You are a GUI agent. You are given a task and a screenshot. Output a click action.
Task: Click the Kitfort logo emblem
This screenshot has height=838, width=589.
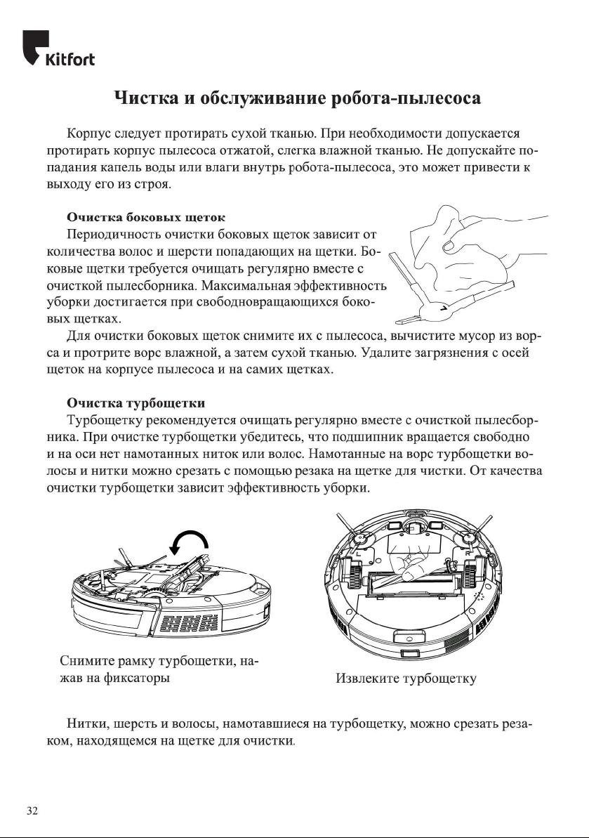(35, 46)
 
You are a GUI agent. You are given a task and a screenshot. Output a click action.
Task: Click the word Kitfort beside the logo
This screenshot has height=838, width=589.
(70, 59)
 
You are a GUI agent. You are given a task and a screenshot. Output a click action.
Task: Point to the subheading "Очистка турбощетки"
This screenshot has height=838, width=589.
(135, 403)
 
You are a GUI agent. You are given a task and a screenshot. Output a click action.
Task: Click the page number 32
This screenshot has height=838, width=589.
(32, 811)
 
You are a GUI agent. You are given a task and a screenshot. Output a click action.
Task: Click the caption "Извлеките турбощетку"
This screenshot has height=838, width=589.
(406, 679)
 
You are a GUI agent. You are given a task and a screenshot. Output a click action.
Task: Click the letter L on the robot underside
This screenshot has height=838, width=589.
(359, 554)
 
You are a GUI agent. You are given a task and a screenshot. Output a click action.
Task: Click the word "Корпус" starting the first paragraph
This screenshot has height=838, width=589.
(89, 133)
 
